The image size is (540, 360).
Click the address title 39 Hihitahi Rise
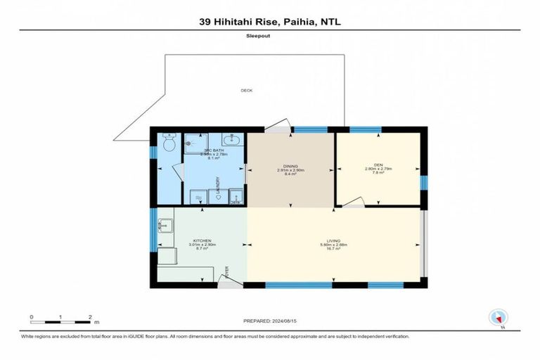[270, 22]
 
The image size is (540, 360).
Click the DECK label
[246, 90]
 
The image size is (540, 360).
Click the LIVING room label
[333, 240]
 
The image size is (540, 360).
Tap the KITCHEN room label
[201, 240]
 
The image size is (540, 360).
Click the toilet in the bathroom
[167, 144]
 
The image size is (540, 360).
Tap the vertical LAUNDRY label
[219, 185]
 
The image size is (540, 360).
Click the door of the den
[353, 204]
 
